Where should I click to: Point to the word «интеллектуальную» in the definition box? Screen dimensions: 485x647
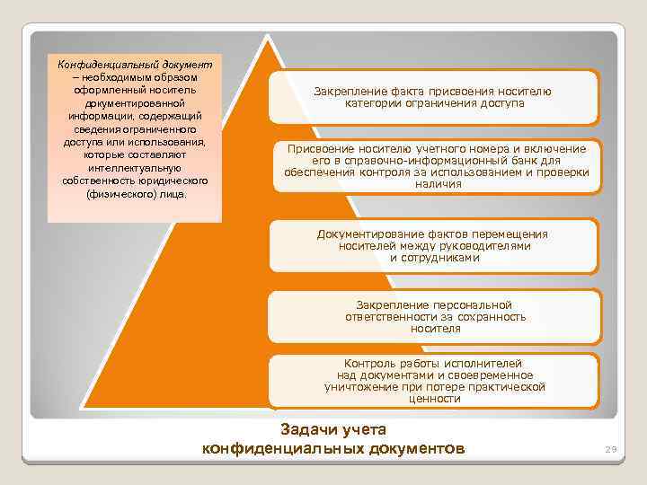click(x=135, y=167)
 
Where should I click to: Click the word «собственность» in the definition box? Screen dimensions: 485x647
click(x=98, y=181)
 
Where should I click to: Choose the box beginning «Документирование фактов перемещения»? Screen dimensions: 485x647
click(x=434, y=245)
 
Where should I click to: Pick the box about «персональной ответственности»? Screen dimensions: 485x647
click(x=434, y=317)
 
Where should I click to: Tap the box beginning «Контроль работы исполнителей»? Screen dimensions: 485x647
click(x=434, y=381)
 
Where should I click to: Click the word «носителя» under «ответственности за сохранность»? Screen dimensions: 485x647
click(x=435, y=329)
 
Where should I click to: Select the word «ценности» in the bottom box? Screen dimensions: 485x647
click(x=434, y=398)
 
